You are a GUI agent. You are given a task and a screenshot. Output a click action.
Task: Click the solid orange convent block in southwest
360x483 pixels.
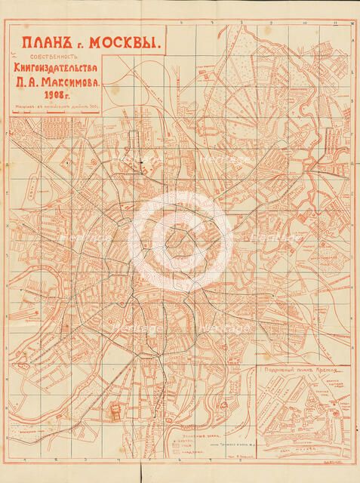115,412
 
